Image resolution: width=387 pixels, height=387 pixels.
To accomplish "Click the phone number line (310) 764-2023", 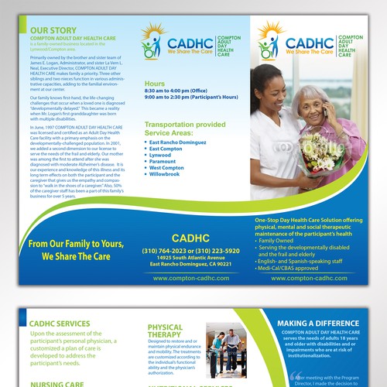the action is coord(189,250).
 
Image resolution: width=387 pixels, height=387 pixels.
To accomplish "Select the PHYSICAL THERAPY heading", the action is coord(165,331).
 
